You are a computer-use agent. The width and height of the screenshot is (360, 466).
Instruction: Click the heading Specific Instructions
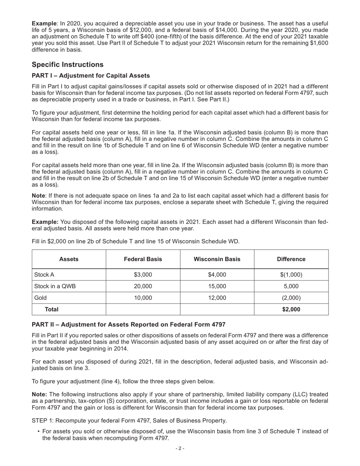[x=67, y=64]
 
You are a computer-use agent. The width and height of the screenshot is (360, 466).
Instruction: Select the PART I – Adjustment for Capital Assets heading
[x=91, y=76]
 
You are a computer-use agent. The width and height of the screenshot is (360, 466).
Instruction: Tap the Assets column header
[x=69, y=259]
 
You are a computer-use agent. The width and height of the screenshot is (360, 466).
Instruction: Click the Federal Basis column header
[x=143, y=259]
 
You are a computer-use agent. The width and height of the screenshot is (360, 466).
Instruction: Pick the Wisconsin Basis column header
[x=217, y=259]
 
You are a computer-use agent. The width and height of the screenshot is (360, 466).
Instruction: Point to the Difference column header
[x=291, y=259]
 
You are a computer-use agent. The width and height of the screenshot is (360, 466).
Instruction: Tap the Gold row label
[x=41, y=298]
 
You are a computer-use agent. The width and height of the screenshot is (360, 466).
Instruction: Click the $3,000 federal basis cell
[x=143, y=275]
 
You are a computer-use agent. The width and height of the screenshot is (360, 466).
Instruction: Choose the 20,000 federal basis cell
[x=143, y=286]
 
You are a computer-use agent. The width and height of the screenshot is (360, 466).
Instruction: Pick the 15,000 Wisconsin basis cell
[x=217, y=286]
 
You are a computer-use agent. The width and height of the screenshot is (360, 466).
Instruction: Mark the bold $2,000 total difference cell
[x=291, y=310]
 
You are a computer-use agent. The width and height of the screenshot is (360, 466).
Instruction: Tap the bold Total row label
[x=52, y=310]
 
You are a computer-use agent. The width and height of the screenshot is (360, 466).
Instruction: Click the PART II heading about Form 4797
[x=128, y=325]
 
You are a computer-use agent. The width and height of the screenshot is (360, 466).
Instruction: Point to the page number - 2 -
[x=180, y=449]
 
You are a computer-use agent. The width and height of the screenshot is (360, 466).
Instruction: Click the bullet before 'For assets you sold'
[x=39, y=432]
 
